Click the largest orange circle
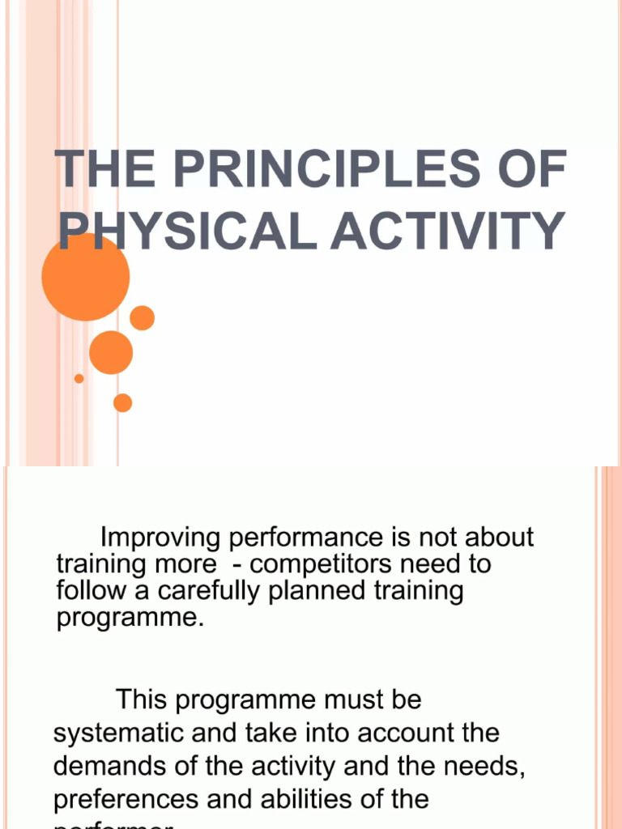86,277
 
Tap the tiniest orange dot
79,378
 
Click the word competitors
314,563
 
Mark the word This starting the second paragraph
143,699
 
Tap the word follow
85,590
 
